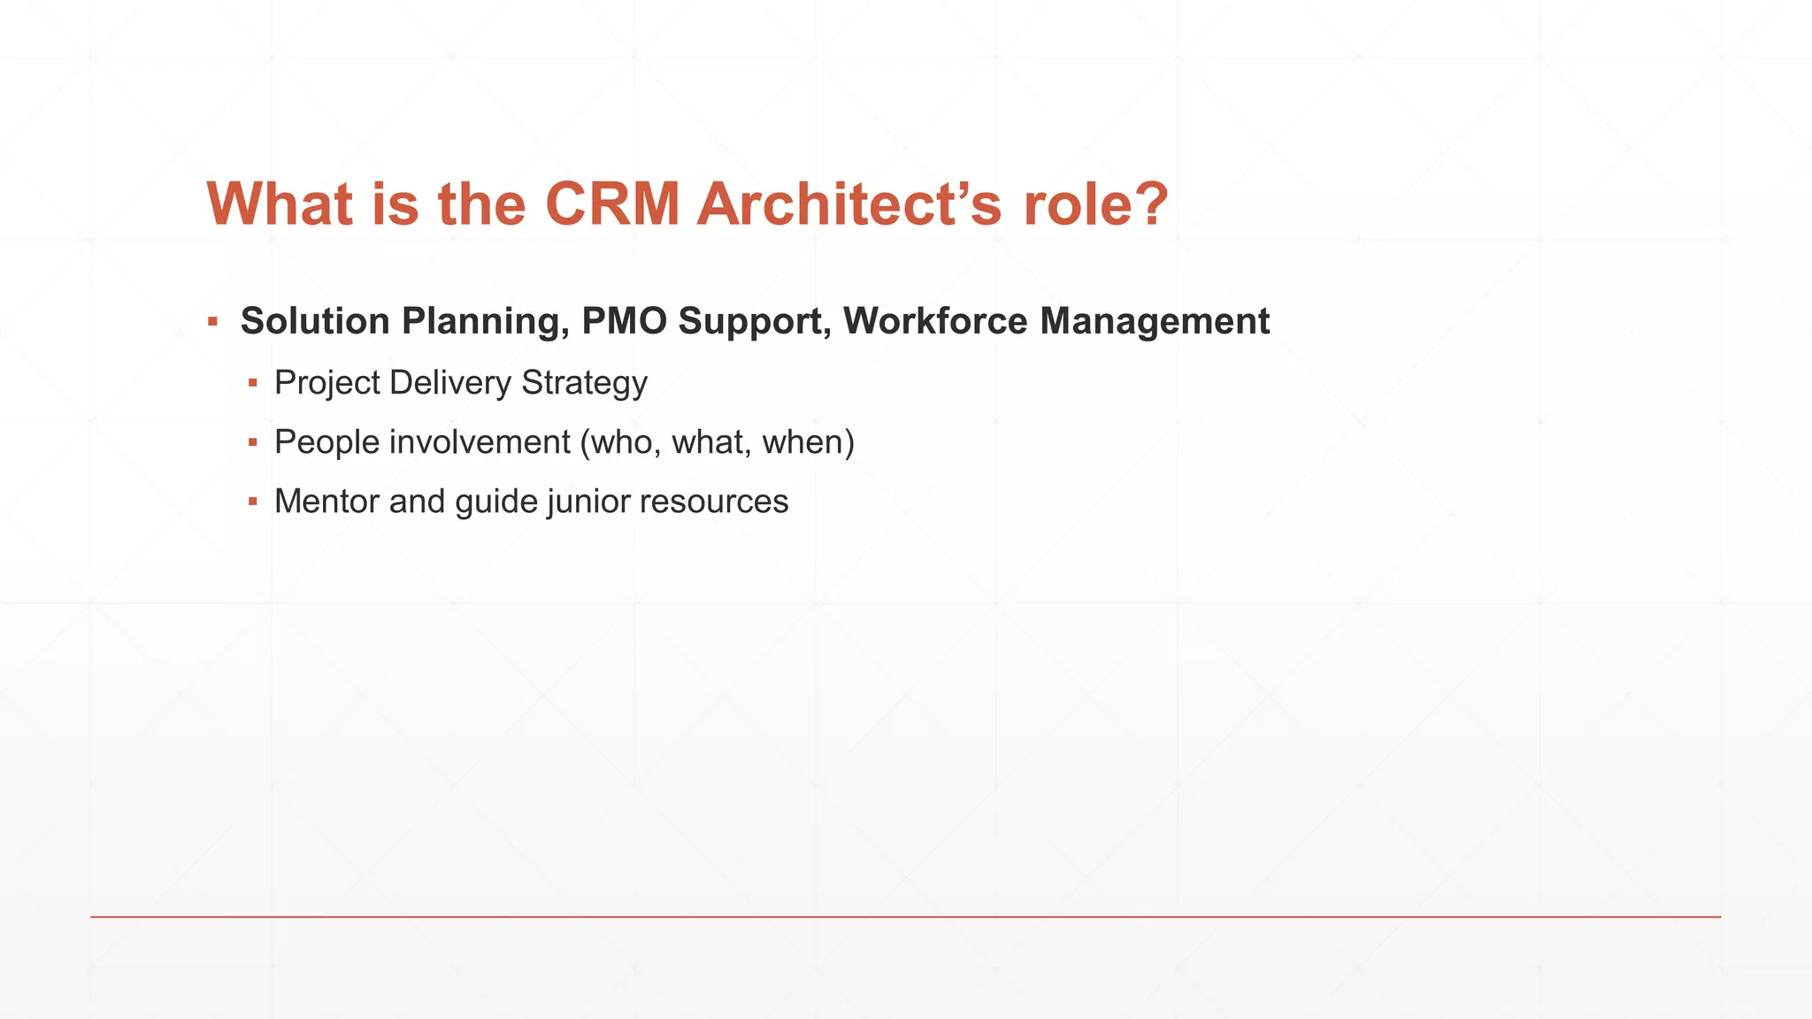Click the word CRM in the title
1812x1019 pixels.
[612, 204]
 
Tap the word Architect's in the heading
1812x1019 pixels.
[849, 204]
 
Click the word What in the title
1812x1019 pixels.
[280, 204]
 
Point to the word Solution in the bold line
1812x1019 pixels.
[315, 321]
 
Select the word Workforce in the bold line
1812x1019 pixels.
[935, 321]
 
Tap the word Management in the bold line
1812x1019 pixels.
[1155, 321]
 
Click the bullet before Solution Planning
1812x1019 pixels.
[212, 322]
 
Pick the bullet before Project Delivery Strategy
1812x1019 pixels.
[253, 384]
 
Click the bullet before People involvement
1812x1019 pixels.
[253, 442]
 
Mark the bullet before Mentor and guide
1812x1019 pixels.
[253, 502]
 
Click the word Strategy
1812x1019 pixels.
[584, 383]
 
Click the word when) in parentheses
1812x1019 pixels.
[809, 441]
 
